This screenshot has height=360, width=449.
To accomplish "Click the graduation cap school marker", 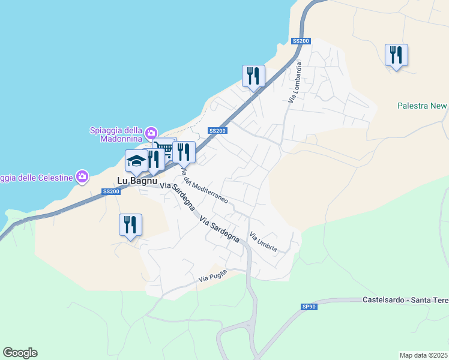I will click(136, 161).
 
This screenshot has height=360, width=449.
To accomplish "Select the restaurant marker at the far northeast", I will click(396, 55).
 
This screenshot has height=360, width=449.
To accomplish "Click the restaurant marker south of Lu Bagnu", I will click(130, 225).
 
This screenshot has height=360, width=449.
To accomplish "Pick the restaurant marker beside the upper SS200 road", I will click(253, 76).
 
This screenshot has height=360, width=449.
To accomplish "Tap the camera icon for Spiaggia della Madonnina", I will click(151, 132).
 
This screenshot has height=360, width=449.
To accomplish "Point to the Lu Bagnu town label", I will click(136, 180).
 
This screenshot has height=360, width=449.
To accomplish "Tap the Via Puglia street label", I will click(213, 277).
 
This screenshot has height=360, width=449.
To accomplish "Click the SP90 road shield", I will click(309, 307).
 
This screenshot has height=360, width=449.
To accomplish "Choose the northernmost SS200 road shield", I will click(301, 41).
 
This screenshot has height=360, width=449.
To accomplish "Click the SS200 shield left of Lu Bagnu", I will click(111, 191).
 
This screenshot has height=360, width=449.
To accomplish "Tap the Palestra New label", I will click(422, 106).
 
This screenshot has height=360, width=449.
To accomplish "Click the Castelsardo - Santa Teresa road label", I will click(405, 299).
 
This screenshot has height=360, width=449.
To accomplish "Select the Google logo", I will click(20, 353).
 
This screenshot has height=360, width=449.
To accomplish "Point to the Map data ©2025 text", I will click(424, 355).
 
